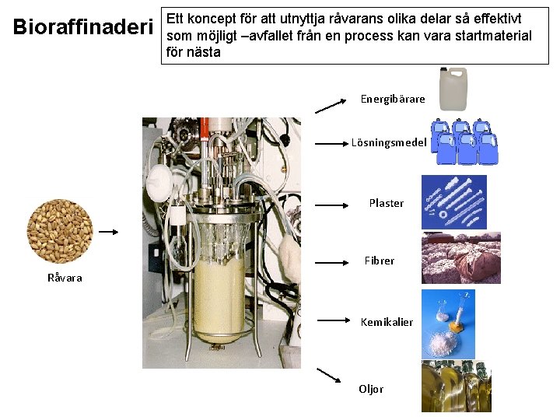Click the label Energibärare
[x=393, y=100]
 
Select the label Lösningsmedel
[x=388, y=143]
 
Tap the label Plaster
[x=386, y=204]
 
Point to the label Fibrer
[x=380, y=261]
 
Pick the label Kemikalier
[x=387, y=322]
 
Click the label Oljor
[x=371, y=389]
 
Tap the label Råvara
[x=65, y=278]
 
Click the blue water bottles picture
[x=464, y=142]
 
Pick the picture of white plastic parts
[x=454, y=202]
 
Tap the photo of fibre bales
[x=460, y=257]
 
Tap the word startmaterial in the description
[x=486, y=36]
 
